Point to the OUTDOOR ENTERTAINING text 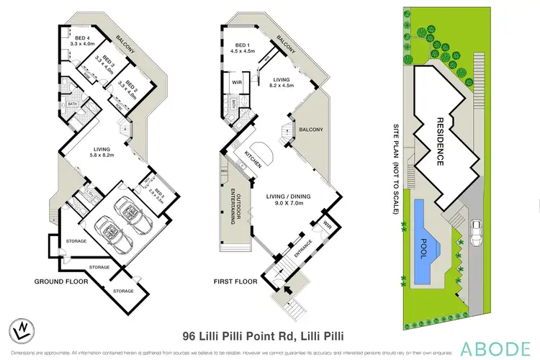point(234,204)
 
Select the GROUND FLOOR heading point(60,282)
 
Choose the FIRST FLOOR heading point(235,282)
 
